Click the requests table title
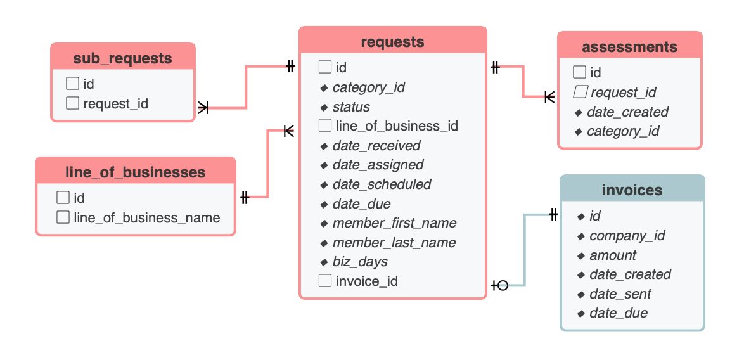[x=392, y=42]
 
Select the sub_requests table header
[x=122, y=58]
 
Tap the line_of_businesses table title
[x=135, y=172]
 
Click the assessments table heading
[x=629, y=47]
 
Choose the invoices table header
[x=632, y=190]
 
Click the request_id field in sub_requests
[x=115, y=103]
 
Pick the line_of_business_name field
[x=146, y=217]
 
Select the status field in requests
[x=351, y=107]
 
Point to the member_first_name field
[x=394, y=223]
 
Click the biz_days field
[x=360, y=262]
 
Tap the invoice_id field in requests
[x=366, y=281]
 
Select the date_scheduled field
[x=382, y=184]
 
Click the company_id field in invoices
[x=627, y=236]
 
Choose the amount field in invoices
[x=613, y=255]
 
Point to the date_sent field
[x=620, y=294]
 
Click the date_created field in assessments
[x=627, y=112]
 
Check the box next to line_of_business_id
[x=325, y=126]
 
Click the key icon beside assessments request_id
[x=579, y=93]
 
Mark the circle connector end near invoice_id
[x=503, y=285]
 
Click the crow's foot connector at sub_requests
[x=203, y=108]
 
